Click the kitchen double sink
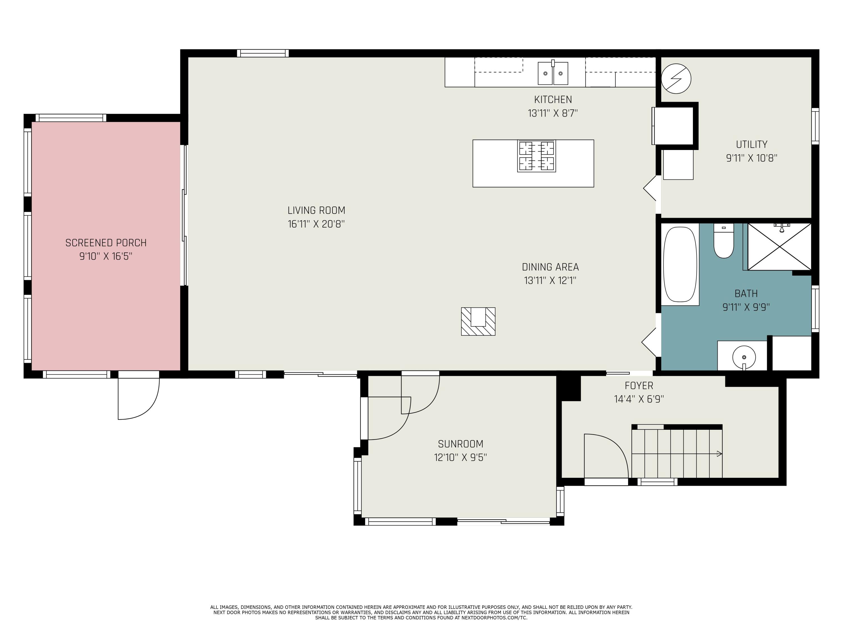point(553,73)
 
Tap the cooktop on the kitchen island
point(536,156)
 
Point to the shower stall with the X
point(779,247)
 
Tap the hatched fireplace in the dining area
point(478,321)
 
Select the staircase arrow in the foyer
point(719,453)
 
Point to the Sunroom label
point(460,444)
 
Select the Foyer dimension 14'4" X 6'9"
point(639,399)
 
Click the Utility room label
point(751,144)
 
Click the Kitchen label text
point(553,100)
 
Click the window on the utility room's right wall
point(815,126)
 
